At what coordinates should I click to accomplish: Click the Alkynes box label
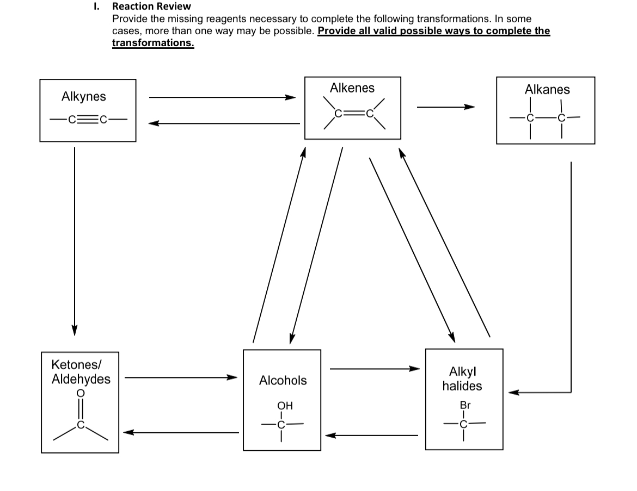tap(84, 97)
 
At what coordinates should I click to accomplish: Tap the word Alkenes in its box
tap(352, 88)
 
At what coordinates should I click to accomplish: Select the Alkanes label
tap(547, 89)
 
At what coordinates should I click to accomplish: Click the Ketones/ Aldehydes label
tap(81, 371)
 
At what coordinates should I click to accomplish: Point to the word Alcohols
tap(283, 381)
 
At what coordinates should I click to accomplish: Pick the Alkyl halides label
tap(462, 379)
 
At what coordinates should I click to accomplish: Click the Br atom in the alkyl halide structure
tap(465, 406)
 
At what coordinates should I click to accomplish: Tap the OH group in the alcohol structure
tap(285, 406)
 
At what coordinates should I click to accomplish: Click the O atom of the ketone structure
tap(81, 393)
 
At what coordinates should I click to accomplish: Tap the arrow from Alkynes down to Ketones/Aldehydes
tap(75, 239)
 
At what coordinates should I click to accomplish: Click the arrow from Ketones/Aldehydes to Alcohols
tap(181, 377)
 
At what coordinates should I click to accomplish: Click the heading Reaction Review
tap(151, 7)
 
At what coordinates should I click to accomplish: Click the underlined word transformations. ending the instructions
tap(153, 43)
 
